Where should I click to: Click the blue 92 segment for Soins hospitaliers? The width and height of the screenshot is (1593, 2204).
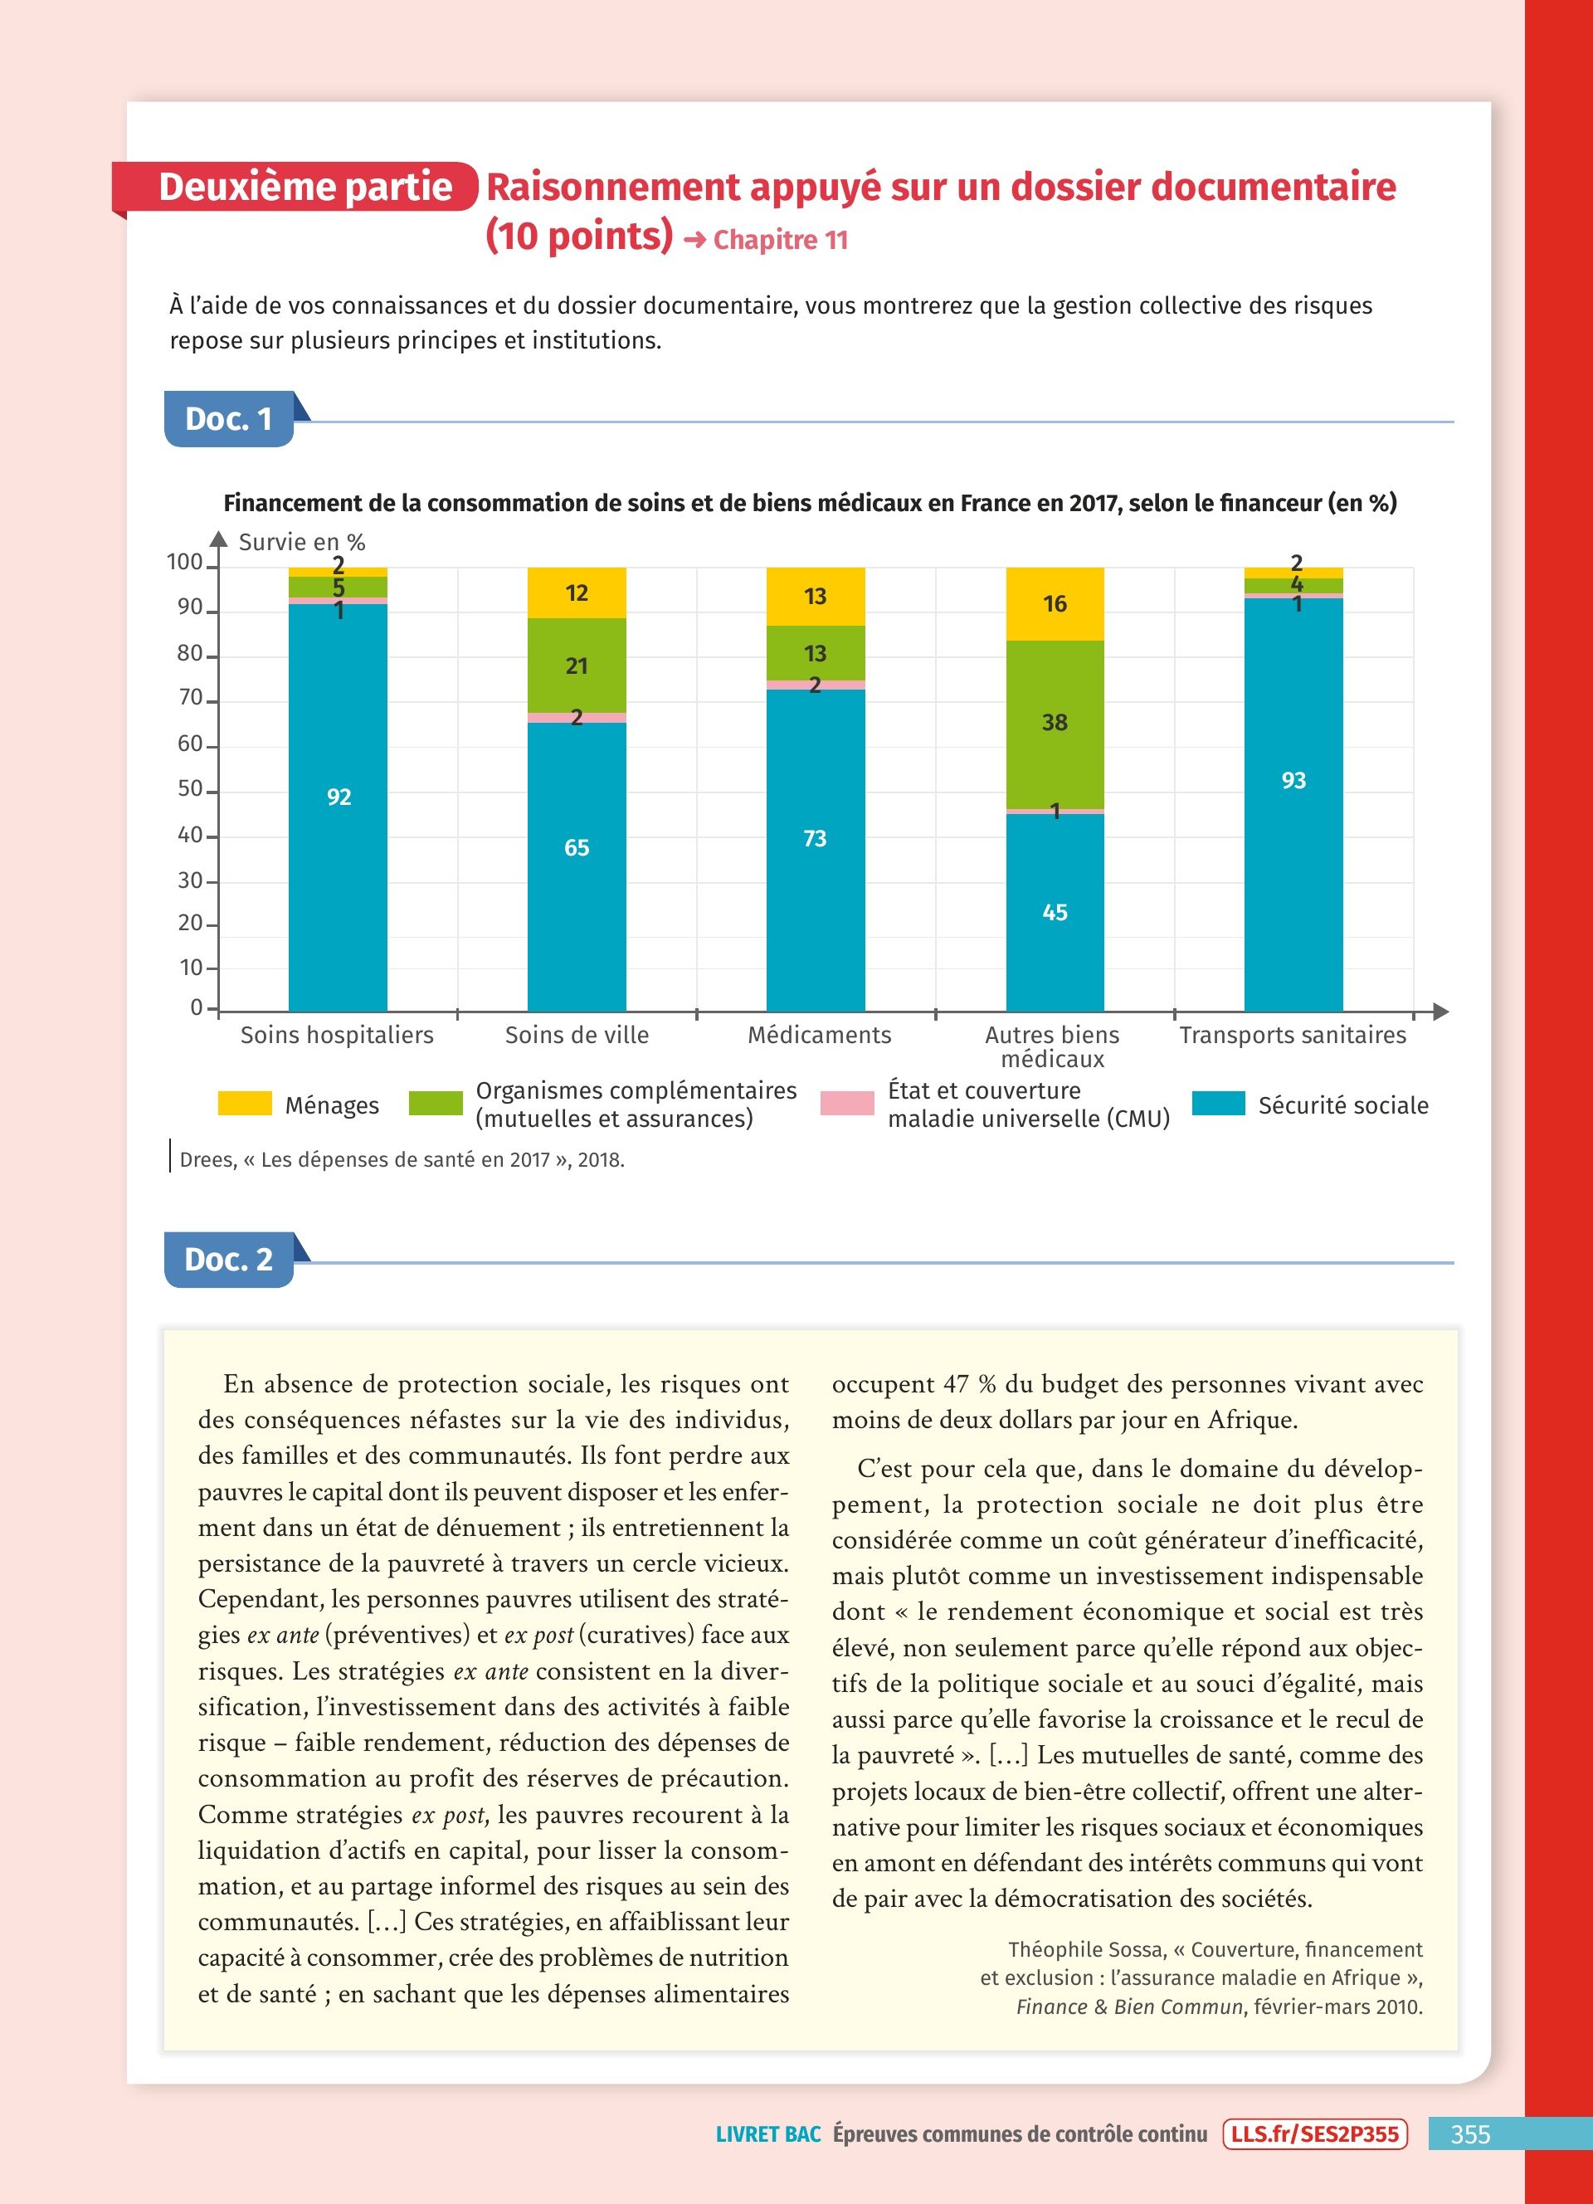coord(338,807)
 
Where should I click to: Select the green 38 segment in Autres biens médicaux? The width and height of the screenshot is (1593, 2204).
coord(1055,724)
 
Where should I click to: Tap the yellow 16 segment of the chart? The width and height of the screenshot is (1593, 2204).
coord(1055,603)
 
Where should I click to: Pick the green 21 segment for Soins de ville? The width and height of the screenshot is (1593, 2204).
coord(577,666)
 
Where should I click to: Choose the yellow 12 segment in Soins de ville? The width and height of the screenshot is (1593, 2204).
coord(577,592)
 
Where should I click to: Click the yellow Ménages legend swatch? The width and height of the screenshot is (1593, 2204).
coord(245,1103)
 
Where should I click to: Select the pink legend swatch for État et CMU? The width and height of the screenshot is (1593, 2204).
coord(847,1103)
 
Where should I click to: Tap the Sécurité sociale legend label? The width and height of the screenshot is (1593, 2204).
coord(1342,1105)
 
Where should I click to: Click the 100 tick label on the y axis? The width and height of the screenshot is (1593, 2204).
coord(184,562)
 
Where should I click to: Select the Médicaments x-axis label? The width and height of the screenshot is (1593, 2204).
coord(819,1035)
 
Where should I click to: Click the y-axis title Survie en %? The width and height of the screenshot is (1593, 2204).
coord(302,542)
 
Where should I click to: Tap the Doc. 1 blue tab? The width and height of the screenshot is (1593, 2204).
coord(229,419)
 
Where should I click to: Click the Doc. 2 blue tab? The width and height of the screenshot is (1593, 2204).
coord(229,1260)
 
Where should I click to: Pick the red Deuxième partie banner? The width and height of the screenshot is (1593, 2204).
coord(301,187)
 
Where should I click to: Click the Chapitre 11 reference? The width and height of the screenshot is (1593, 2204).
coord(780,240)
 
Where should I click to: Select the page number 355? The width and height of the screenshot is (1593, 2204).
coord(1469,2134)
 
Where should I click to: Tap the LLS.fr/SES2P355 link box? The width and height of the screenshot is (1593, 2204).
coord(1314,2134)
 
